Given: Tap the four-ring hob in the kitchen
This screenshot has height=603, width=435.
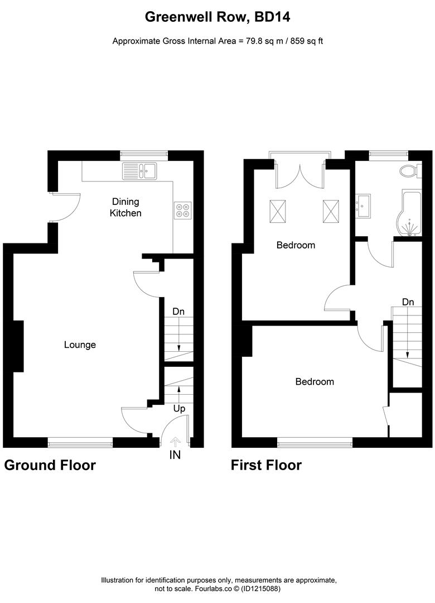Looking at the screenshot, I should pos(182,208).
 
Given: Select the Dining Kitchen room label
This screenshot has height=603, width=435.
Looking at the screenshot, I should pos(125,207).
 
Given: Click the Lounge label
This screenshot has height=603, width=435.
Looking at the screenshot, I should pos(80,344).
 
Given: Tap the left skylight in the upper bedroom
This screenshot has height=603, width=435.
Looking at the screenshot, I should pos(277,211).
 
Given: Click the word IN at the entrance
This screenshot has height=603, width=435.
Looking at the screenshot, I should pos(175,455).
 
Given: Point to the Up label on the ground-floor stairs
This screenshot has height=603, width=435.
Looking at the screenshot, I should pos(178,409).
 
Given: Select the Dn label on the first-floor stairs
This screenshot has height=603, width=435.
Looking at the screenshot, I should pos(408,302).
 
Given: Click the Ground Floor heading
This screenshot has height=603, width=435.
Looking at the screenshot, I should pos(50,465).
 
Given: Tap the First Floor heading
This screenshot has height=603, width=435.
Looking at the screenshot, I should pos(266,465).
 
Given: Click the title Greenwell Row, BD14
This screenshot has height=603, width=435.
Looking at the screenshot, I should pos(217,17).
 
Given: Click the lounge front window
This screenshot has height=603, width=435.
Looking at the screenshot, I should pos(80,443).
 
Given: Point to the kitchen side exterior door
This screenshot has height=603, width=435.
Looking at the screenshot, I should pos(66,207).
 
